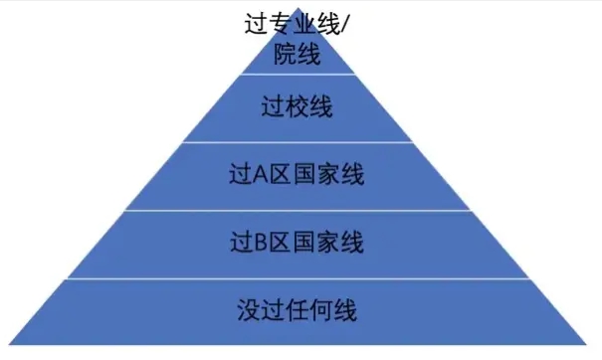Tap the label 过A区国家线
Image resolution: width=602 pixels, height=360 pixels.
(x=296, y=176)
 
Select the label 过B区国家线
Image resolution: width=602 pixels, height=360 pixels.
(x=296, y=242)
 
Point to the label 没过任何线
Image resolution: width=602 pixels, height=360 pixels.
(x=296, y=308)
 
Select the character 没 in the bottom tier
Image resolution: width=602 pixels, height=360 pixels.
(x=249, y=308)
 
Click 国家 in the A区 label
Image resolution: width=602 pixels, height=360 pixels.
(x=318, y=176)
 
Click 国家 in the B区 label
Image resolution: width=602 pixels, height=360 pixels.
(x=318, y=242)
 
